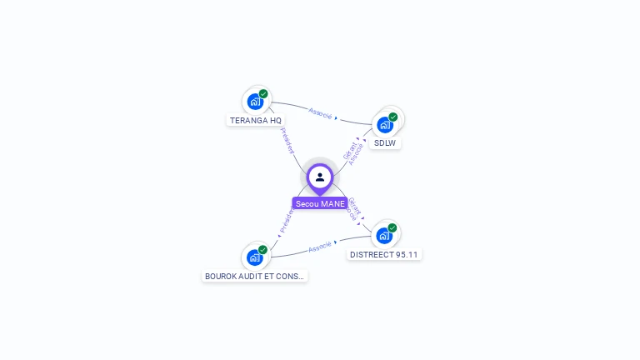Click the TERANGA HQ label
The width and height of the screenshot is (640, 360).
[256, 120]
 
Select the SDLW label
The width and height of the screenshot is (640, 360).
[385, 142]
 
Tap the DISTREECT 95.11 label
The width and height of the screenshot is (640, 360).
[384, 254]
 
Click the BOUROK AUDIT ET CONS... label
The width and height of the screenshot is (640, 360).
[255, 276]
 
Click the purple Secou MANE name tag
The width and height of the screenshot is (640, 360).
[320, 203]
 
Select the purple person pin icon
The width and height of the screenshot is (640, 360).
[320, 177]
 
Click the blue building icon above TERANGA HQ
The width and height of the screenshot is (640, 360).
[254, 102]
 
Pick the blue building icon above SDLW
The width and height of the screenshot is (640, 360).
[384, 125]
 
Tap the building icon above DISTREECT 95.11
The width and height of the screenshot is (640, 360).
[383, 235]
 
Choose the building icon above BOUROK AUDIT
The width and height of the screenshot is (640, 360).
[254, 257]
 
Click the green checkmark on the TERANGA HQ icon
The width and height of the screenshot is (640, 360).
[263, 94]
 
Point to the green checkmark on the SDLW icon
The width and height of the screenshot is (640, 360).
[393, 117]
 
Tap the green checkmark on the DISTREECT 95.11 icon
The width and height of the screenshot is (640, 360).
[392, 227]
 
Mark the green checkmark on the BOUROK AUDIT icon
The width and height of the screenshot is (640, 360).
[263, 249]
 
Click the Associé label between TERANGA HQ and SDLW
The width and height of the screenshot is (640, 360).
[320, 112]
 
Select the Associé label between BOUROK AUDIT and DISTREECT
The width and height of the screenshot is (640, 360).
[320, 247]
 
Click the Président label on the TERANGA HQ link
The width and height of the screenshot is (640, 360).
[287, 141]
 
